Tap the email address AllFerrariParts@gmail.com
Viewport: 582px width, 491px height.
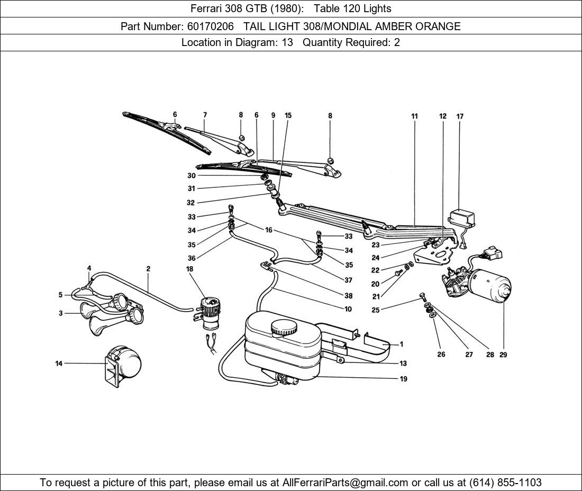345,483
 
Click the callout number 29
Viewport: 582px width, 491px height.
503,354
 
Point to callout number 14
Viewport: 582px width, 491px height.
59,363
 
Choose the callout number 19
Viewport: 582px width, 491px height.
403,379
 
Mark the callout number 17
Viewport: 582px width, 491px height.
460,116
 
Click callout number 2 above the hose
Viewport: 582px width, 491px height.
148,269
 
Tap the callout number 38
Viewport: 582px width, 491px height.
348,296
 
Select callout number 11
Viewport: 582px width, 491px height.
414,116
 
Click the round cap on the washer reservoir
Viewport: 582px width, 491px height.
284,328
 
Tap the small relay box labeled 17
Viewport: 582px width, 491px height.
461,218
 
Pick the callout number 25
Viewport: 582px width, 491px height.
375,310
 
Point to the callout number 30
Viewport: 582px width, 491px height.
191,176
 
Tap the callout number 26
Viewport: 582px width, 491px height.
441,354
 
